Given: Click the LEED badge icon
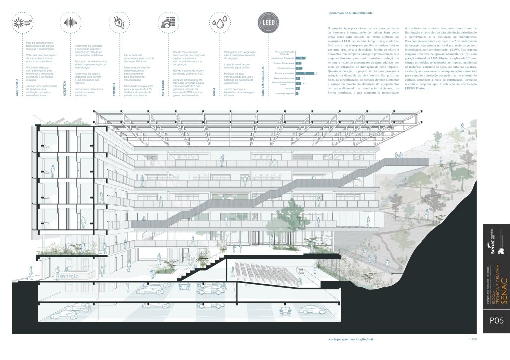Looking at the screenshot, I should (x=265, y=22).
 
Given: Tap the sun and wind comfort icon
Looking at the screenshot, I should (x=24, y=22).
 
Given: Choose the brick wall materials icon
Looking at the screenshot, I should (x=169, y=22).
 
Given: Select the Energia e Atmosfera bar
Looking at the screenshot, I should (x=304, y=73).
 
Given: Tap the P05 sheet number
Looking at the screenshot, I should (x=496, y=321).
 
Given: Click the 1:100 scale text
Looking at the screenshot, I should (x=473, y=339).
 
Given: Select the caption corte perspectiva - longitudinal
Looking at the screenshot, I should (x=347, y=339).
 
